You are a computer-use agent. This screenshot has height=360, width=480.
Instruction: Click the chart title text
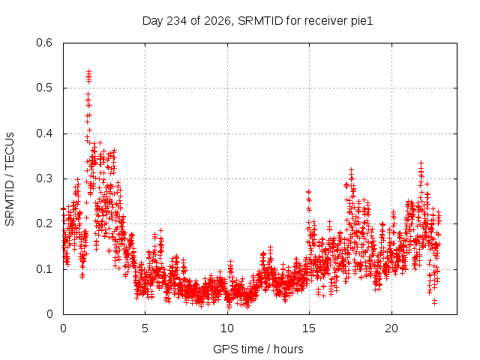[x=257, y=21]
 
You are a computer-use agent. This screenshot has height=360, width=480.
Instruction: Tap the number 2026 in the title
[x=217, y=21]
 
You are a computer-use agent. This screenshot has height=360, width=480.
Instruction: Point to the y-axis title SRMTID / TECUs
[x=10, y=179]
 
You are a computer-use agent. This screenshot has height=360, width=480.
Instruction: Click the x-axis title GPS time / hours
[x=258, y=349]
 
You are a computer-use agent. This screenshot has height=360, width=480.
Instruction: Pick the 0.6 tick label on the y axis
[x=44, y=43]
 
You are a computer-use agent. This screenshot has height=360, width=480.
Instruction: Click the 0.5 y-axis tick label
[x=44, y=88]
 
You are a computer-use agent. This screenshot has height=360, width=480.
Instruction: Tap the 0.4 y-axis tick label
[x=44, y=133]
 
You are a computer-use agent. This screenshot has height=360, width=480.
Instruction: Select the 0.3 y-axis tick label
[x=44, y=178]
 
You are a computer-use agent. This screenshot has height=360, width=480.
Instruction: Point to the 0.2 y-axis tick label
[x=44, y=223]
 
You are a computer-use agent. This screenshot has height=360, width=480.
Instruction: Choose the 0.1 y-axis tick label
[x=44, y=269]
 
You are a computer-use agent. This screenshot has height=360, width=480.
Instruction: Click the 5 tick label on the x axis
[x=145, y=328]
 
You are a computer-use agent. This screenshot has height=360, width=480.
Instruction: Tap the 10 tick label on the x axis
[x=227, y=328]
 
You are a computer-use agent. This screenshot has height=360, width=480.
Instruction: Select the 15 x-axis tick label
[x=309, y=328]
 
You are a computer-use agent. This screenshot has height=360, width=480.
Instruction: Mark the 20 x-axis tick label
[x=391, y=328]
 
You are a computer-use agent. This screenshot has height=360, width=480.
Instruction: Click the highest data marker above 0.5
[x=88, y=72]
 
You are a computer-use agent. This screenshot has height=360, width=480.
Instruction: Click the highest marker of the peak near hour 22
[x=421, y=163]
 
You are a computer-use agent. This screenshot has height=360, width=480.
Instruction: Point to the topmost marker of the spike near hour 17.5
[x=352, y=169]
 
